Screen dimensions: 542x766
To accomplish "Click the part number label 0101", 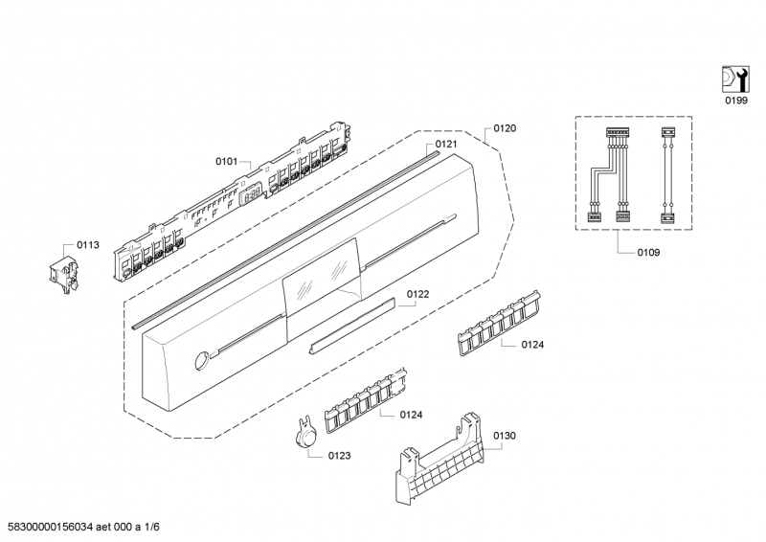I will (x=225, y=162).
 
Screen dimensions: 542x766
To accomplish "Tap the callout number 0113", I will (x=88, y=245).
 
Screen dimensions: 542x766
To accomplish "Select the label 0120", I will (x=506, y=127).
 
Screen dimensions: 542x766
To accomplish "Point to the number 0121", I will (x=446, y=145).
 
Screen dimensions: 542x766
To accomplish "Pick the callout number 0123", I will (x=339, y=456).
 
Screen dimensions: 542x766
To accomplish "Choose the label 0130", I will (x=505, y=436).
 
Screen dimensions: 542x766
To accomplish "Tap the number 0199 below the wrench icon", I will (x=734, y=101).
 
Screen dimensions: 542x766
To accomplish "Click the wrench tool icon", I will (x=733, y=78).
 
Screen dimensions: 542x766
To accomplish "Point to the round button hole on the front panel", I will (x=200, y=362).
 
